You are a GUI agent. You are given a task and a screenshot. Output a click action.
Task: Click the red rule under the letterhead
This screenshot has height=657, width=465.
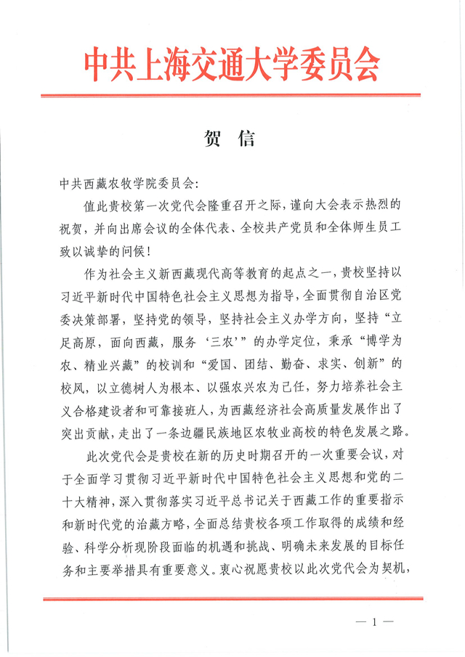point(232,95)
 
